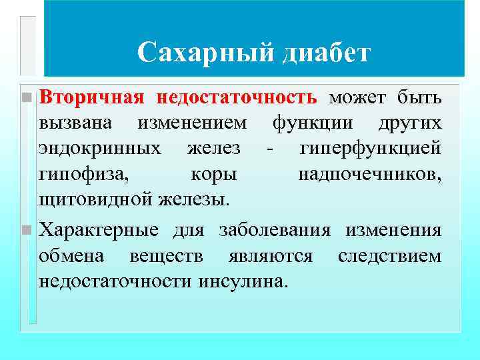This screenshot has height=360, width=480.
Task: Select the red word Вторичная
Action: pyautogui.click(x=91, y=98)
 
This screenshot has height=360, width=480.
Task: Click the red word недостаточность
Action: pyautogui.click(x=237, y=98)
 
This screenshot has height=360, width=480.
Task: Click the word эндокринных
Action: pyautogui.click(x=99, y=148)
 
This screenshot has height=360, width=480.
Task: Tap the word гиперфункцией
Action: pyautogui.click(x=370, y=148)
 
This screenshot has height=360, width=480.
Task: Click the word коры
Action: pyautogui.click(x=213, y=173)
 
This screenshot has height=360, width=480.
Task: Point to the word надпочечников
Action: pyautogui.click(x=369, y=173)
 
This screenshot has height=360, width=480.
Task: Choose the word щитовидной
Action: pyautogui.click(x=96, y=198)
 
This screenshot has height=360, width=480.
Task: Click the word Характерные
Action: pyautogui.click(x=99, y=231)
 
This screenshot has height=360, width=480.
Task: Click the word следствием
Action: pyautogui.click(x=389, y=256)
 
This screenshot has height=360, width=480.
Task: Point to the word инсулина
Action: pyautogui.click(x=243, y=281)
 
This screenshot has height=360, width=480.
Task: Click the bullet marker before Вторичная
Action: pyautogui.click(x=26, y=98)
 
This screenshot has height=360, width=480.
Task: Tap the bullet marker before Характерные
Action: pyautogui.click(x=26, y=231)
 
